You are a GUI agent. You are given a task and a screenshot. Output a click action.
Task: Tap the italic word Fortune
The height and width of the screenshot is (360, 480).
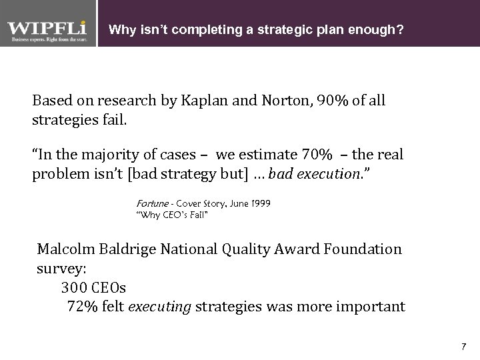click(152, 202)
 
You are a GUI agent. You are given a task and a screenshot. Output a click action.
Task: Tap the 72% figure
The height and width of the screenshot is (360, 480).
click(83, 307)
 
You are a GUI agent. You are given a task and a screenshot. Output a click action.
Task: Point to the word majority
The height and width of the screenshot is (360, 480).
click(118, 155)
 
